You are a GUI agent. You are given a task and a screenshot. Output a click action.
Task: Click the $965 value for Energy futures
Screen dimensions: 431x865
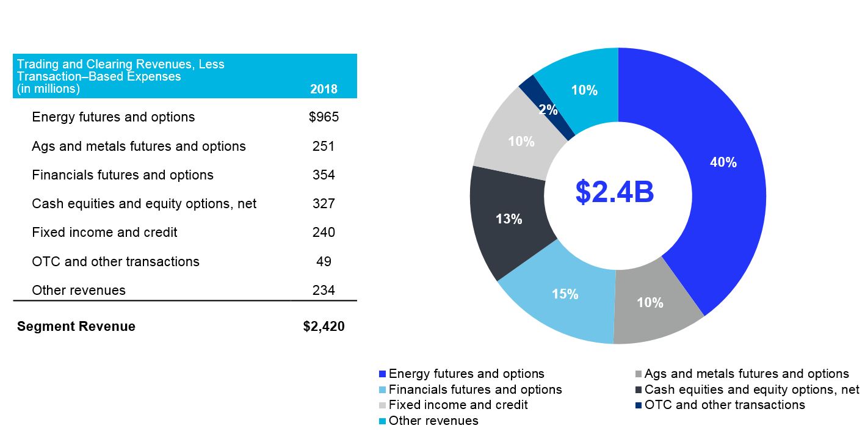(324, 117)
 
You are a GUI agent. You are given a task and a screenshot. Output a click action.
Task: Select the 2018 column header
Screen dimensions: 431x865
(324, 89)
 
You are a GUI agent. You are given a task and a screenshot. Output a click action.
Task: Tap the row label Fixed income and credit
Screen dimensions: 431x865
(104, 233)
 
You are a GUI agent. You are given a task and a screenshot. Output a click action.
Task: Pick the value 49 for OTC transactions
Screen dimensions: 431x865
(324, 261)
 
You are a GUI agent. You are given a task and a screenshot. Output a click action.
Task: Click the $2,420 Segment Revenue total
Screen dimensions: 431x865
(324, 327)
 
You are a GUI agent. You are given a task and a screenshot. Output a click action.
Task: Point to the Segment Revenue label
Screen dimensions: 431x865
(76, 327)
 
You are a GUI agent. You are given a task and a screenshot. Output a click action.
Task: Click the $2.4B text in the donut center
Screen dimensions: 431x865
(615, 192)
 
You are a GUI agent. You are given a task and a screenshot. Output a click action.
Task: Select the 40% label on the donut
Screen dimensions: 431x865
(723, 162)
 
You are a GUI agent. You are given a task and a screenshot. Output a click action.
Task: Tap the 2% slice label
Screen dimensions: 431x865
(548, 110)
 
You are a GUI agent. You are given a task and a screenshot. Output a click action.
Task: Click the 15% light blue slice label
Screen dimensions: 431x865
(565, 294)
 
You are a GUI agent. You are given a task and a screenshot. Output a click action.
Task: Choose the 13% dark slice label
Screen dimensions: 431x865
(509, 219)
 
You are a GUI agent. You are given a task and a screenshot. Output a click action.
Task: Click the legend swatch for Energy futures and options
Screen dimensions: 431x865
(383, 374)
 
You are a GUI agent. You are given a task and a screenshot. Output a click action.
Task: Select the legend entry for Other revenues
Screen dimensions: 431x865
(433, 421)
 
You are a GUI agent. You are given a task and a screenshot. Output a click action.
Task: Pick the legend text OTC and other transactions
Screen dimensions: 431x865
(724, 405)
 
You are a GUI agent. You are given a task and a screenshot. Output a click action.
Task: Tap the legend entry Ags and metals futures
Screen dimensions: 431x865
(746, 374)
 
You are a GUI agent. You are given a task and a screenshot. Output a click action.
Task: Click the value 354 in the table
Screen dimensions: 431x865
(324, 175)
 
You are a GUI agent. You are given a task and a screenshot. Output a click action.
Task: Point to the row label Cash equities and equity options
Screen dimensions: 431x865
(144, 204)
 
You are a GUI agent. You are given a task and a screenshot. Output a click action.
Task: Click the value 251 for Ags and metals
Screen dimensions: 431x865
(324, 147)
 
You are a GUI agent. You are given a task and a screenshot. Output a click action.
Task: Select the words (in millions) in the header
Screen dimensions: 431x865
(48, 89)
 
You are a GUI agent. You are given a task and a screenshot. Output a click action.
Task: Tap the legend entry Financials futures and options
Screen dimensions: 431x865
(475, 389)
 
